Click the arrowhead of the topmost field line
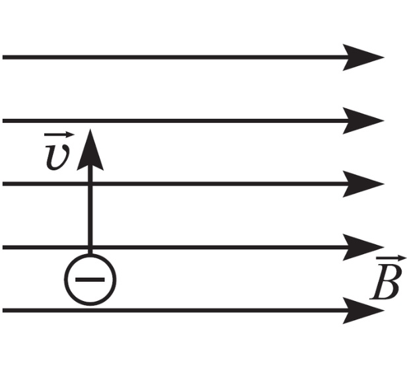363,57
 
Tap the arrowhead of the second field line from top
363,121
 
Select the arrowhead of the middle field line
363,183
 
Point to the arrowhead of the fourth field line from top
363,247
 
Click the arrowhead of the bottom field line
363,310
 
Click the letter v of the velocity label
57,156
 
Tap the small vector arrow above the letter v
59,135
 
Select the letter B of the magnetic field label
385,283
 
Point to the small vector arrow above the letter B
391,259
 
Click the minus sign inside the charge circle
90,280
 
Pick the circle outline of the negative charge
64,280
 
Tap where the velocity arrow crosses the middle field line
90,183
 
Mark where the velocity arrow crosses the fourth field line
90,247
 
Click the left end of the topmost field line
3,57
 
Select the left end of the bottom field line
3,310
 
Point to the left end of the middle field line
3,183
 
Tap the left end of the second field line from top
3,121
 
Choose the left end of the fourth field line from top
3,247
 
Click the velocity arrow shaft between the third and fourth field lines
90,216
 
